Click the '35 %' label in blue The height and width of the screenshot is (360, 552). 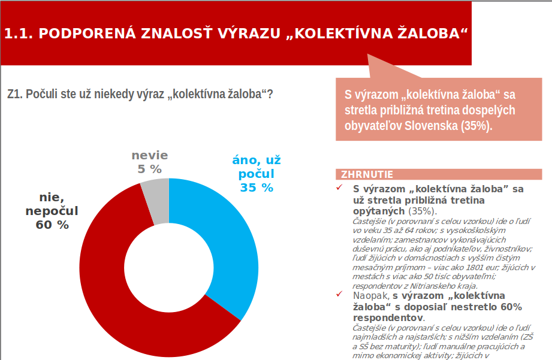(257, 188)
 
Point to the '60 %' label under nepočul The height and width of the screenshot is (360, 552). (52, 225)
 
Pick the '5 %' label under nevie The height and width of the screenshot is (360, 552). (150, 169)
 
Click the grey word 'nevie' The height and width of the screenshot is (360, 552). (150, 156)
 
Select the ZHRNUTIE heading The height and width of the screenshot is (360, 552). (367, 175)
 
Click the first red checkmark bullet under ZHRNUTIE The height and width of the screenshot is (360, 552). (339, 188)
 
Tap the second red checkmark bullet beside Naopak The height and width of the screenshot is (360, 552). (339, 295)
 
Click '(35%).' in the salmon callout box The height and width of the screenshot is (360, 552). (476, 126)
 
